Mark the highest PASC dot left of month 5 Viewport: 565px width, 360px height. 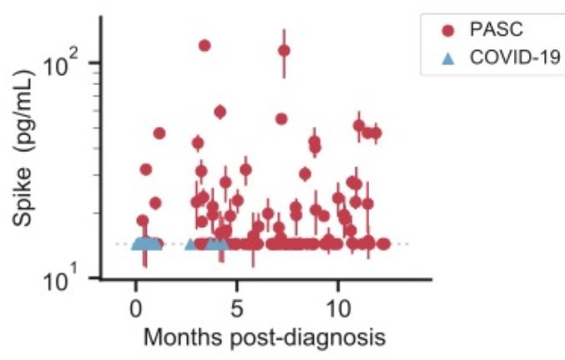click(204, 45)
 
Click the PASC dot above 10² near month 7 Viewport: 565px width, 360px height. click(284, 50)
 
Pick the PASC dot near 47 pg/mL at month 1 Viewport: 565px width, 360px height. click(159, 133)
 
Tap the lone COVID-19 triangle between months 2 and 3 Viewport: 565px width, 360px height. click(190, 244)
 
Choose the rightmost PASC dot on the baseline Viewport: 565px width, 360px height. click(383, 244)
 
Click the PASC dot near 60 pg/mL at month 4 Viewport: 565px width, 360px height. click(220, 111)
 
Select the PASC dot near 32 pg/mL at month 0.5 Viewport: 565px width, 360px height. click(146, 169)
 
